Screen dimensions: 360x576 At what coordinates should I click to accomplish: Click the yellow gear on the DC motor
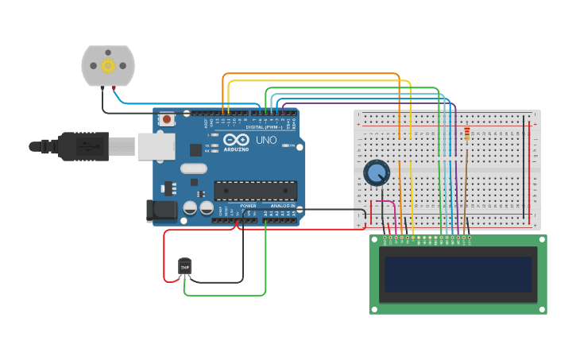pyautogui.click(x=108, y=65)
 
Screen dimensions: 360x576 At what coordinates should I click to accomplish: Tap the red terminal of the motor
pyautogui.click(x=116, y=86)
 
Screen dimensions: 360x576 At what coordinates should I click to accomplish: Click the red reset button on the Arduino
pyautogui.click(x=168, y=120)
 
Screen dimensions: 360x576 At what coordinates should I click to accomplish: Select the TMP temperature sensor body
pyautogui.click(x=185, y=267)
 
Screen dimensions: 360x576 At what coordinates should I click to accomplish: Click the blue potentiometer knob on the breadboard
pyautogui.click(x=377, y=172)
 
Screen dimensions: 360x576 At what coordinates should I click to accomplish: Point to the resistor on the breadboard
pyautogui.click(x=466, y=134)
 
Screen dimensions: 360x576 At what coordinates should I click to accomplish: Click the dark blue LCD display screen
pyautogui.click(x=458, y=273)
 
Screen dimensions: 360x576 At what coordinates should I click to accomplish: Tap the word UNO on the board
pyautogui.click(x=266, y=141)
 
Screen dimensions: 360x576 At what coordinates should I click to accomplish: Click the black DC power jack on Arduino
pyautogui.click(x=162, y=210)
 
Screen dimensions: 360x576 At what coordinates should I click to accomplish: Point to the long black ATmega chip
pyautogui.click(x=255, y=191)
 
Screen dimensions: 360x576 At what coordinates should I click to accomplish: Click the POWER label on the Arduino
pyautogui.click(x=248, y=206)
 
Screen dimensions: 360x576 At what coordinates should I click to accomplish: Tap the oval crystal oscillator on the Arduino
pyautogui.click(x=193, y=168)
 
